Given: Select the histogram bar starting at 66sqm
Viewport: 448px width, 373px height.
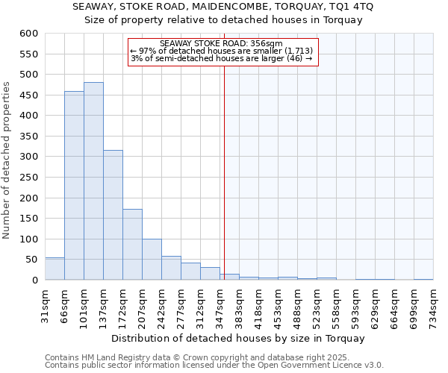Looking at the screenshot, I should click(x=74, y=186).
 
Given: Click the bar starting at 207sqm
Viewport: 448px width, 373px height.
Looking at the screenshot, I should click(x=152, y=260).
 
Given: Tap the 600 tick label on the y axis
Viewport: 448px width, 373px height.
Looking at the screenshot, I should click(x=28, y=34).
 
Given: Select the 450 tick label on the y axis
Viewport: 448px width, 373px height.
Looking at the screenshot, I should click(x=28, y=95).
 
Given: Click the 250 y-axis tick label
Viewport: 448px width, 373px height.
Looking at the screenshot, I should click(x=28, y=178).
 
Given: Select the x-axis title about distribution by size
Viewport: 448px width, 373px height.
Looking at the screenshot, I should click(x=239, y=338).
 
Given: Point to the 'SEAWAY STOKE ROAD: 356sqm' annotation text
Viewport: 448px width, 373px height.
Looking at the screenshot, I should click(x=221, y=44).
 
